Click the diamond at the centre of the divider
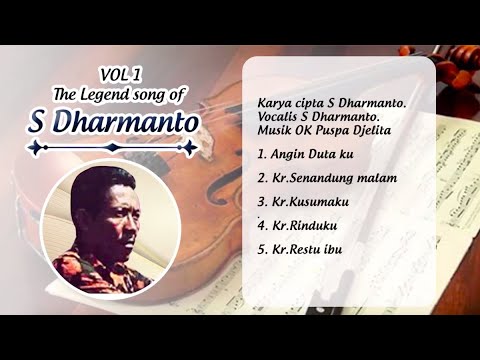(x=113, y=148)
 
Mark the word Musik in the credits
(x=274, y=131)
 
